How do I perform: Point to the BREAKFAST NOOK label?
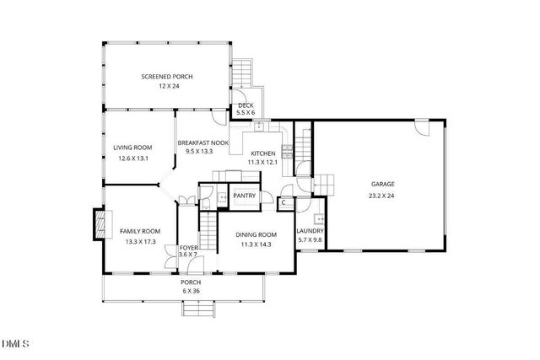click(x=202, y=144)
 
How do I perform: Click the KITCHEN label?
click(x=262, y=153)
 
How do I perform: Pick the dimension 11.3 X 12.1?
click(x=262, y=162)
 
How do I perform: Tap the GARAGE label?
click(x=383, y=184)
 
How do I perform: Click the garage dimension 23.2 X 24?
click(x=383, y=195)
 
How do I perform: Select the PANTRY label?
click(x=245, y=196)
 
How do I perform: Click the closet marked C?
click(x=284, y=202)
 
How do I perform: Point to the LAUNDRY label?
click(x=310, y=231)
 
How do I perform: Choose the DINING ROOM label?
click(x=256, y=234)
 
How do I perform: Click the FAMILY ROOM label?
click(x=139, y=231)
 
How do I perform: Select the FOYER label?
click(x=188, y=248)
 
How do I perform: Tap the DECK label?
click(x=246, y=105)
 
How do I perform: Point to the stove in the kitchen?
click(x=287, y=152)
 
